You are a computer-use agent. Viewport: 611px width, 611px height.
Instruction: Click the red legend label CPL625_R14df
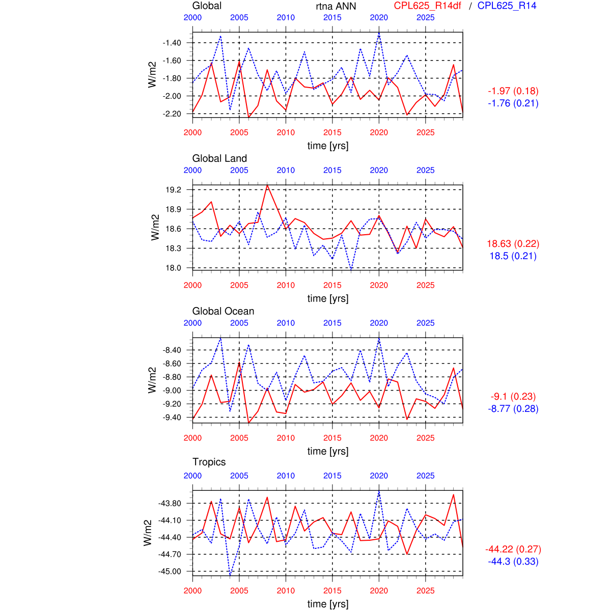[x=428, y=6]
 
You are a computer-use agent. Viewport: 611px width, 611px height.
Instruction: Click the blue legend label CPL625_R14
[x=507, y=6]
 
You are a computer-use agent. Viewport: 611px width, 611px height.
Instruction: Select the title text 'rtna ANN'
[x=336, y=6]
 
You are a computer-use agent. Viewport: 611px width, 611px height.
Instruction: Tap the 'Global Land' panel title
[x=219, y=158]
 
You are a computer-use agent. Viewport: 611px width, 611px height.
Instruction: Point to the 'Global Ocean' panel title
[x=223, y=311]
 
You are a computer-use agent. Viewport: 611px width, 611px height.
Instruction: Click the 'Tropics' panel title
[x=209, y=462]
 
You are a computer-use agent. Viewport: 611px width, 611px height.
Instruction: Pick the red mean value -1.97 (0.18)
[x=513, y=91]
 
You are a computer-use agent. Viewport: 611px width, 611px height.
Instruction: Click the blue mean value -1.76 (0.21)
[x=513, y=103]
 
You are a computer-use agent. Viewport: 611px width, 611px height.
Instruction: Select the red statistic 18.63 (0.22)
[x=513, y=244]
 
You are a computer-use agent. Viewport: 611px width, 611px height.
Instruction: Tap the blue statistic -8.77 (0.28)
[x=513, y=409]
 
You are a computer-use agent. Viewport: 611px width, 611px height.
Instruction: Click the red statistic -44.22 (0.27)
[x=513, y=549]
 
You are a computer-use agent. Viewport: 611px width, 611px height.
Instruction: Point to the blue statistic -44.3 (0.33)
[x=513, y=562]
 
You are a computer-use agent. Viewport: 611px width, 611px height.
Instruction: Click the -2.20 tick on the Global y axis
[x=172, y=114]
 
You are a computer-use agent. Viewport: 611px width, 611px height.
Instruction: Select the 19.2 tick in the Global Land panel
[x=173, y=190]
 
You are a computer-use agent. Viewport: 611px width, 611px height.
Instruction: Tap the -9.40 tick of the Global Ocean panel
[x=172, y=418]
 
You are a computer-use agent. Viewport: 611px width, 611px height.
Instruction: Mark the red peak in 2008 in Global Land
[x=267, y=185]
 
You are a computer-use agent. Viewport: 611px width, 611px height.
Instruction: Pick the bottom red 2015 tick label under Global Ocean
[x=332, y=438]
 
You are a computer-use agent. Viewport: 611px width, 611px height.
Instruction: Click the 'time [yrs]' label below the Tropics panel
[x=328, y=604]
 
